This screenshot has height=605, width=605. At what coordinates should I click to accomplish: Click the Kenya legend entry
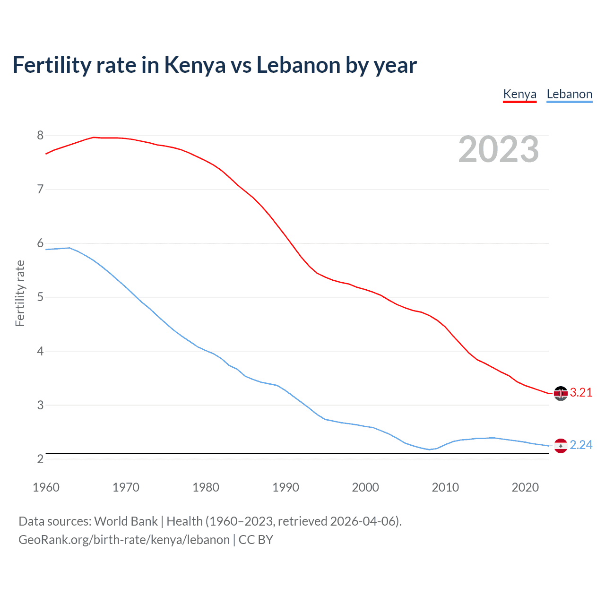pos(519,94)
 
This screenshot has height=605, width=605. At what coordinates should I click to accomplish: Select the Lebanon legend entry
pos(569,94)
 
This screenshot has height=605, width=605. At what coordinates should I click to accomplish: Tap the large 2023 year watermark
pos(498,149)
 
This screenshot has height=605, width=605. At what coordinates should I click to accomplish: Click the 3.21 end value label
pos(581,393)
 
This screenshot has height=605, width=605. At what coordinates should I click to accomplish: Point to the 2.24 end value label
pos(581,445)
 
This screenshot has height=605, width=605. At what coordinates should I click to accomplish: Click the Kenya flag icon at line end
pos(561,393)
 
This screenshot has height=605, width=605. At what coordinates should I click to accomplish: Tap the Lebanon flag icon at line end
pos(561,446)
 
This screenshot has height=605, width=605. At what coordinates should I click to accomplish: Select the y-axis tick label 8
pos(40,136)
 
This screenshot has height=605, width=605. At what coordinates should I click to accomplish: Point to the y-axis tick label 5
pos(40,297)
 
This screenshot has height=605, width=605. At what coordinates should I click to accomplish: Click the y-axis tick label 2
pos(40,459)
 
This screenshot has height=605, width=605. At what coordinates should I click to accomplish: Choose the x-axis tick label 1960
pos(46,487)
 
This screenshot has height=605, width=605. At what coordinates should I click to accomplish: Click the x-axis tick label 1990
pos(285,487)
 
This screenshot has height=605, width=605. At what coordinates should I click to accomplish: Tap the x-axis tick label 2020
pos(525,487)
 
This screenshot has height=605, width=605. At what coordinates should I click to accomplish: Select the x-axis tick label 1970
pos(126,487)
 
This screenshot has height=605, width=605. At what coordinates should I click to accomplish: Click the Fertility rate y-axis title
pos(20,293)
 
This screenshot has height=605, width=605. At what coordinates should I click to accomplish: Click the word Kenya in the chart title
pos(195,65)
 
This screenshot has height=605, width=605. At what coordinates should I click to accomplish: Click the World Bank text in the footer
pos(126,521)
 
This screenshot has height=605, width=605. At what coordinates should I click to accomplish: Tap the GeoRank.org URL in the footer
pos(124,540)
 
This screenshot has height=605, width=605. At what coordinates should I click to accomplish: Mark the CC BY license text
pos(256,540)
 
